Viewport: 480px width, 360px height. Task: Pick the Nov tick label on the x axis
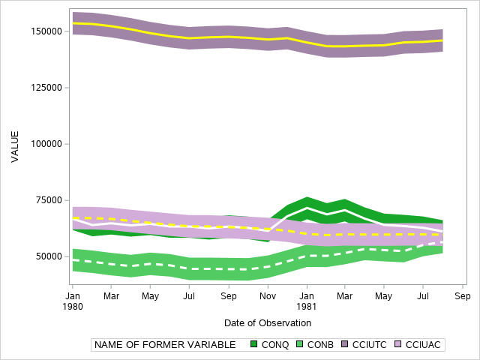pos(268,296)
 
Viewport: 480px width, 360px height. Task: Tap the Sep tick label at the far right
pos(463,296)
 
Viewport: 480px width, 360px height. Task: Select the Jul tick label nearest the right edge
pos(424,296)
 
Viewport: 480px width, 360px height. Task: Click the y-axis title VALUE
pos(15,146)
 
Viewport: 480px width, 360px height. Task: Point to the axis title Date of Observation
pos(268,322)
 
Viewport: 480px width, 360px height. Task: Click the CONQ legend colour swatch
pos(254,345)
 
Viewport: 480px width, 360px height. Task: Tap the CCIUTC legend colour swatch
pos(346,345)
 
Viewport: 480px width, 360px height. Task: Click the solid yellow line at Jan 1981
pos(307,43)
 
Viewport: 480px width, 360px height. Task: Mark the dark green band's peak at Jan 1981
pos(307,198)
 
